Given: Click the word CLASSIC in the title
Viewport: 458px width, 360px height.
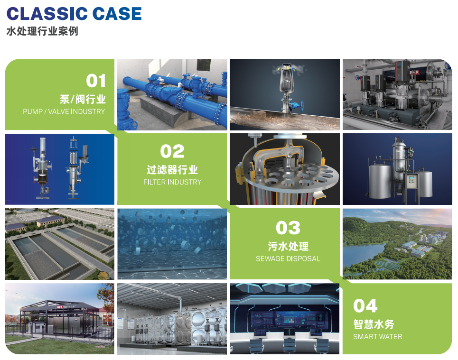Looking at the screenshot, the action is pyautogui.click(x=47, y=14).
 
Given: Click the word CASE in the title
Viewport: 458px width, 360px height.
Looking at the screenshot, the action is pyautogui.click(x=117, y=14).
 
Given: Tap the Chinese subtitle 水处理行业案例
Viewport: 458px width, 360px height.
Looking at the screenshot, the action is pyautogui.click(x=42, y=31).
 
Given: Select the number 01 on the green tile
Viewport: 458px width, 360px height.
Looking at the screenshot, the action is pyautogui.click(x=96, y=81).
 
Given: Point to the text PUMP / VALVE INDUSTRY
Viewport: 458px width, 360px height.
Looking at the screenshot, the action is pyautogui.click(x=64, y=111).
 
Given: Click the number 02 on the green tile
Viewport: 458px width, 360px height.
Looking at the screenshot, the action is pyautogui.click(x=172, y=151).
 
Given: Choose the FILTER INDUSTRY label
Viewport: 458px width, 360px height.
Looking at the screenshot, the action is pyautogui.click(x=172, y=182).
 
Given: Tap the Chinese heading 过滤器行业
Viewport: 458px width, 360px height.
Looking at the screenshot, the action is pyautogui.click(x=172, y=170).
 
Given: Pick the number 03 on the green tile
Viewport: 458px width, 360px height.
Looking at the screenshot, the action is pyautogui.click(x=288, y=228).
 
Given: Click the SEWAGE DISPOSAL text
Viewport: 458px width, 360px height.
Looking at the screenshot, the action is pyautogui.click(x=288, y=258).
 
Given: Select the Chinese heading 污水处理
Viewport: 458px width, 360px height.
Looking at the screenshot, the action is pyautogui.click(x=288, y=246).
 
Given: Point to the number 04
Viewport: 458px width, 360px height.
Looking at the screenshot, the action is pyautogui.click(x=365, y=306).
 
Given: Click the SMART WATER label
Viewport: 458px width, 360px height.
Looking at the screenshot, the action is pyautogui.click(x=378, y=337).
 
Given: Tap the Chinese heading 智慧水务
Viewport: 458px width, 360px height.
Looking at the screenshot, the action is pyautogui.click(x=374, y=324).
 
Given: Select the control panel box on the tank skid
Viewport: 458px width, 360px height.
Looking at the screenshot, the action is pyautogui.click(x=411, y=181).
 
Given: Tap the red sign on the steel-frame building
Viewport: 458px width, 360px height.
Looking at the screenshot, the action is pyautogui.click(x=60, y=307).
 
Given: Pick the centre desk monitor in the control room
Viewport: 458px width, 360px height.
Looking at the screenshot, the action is pyautogui.click(x=288, y=332).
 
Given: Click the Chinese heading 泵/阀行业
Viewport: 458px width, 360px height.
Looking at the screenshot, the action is pyautogui.click(x=83, y=99).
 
